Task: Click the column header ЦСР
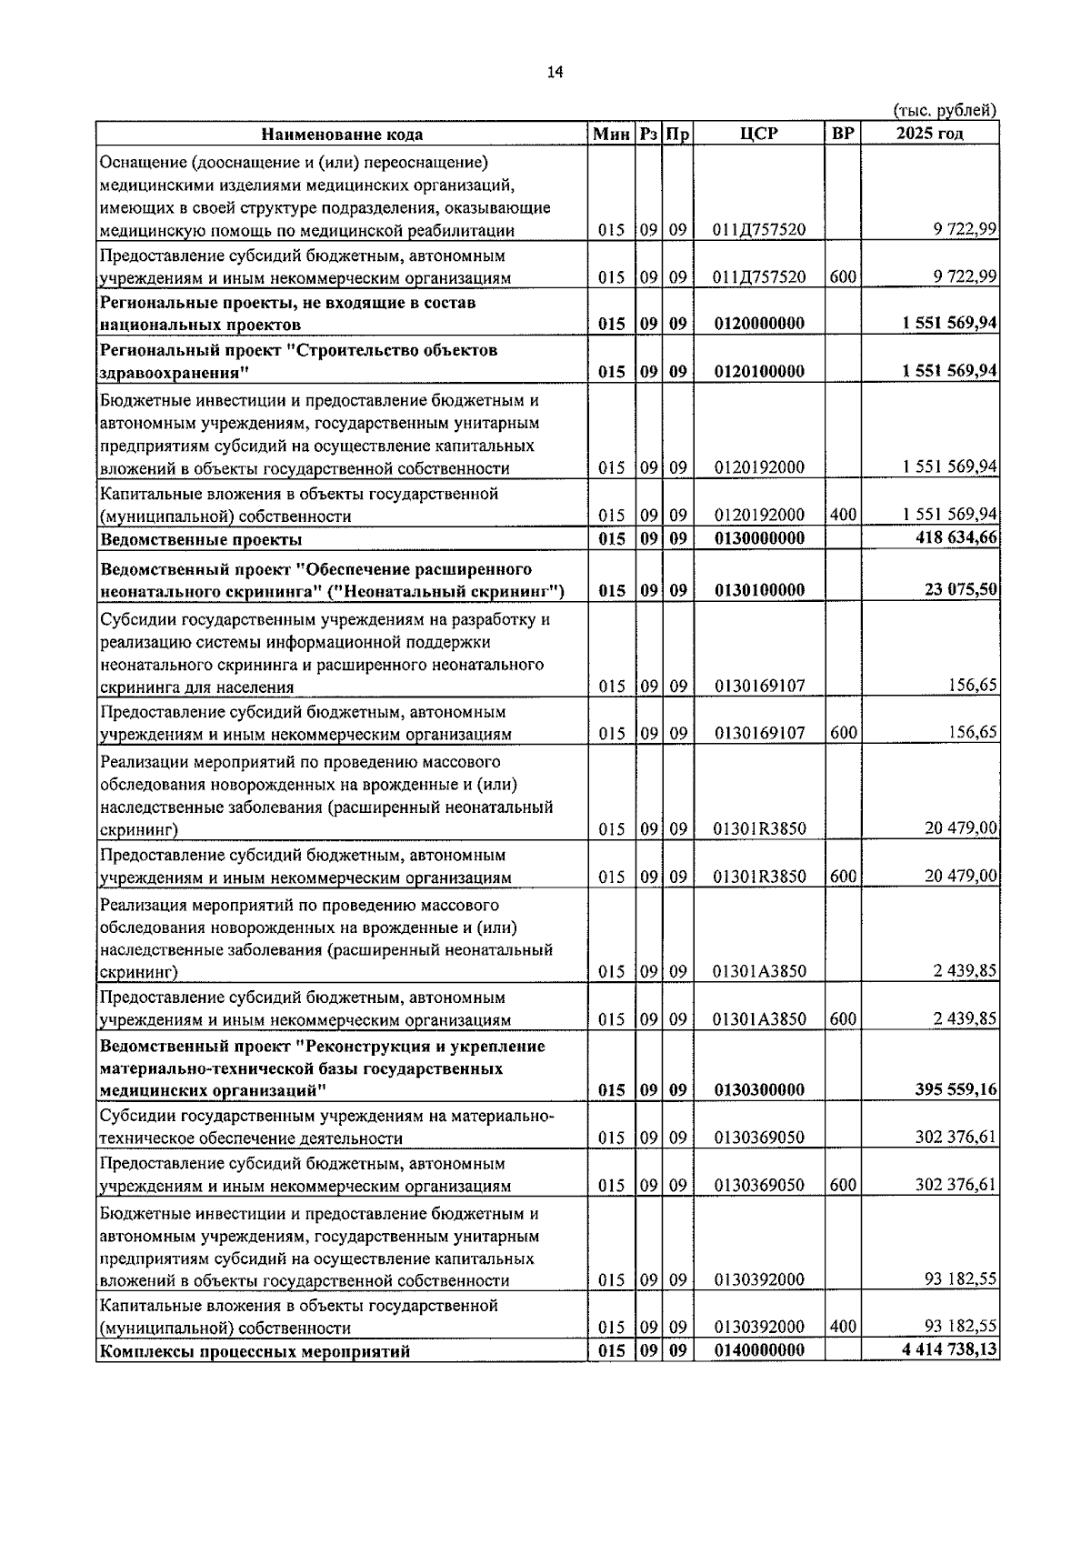point(759,134)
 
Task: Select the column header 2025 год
point(929,134)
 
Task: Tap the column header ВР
point(843,134)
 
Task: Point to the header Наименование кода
point(342,135)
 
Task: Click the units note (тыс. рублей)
point(946,110)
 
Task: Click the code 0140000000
point(759,1350)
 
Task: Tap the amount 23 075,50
point(960,589)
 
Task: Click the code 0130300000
point(759,1089)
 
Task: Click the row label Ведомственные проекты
point(201,539)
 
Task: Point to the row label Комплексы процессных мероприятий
point(255,1351)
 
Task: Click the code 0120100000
point(759,371)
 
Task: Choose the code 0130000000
point(759,537)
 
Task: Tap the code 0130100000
point(759,589)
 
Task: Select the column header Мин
point(611,135)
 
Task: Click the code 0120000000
point(759,324)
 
